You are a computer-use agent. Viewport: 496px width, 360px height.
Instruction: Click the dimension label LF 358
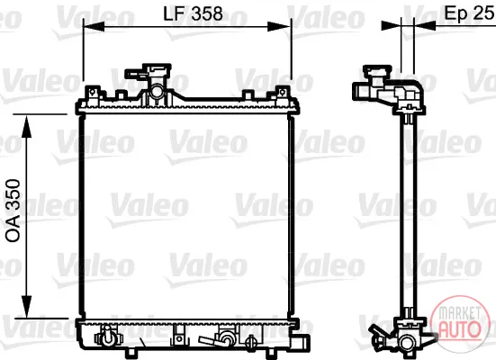pos(193,13)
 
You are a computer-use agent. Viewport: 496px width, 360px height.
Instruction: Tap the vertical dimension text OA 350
pos(14,211)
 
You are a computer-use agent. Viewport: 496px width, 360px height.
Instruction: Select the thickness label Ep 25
pos(470,13)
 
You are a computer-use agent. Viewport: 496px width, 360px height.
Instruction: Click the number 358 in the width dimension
pos(207,13)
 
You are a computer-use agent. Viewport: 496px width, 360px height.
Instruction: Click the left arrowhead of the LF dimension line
pos(94,27)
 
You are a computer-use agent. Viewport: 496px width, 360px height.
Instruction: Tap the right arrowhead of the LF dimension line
pos(278,27)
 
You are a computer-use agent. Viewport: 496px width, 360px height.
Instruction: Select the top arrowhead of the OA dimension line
pos(27,127)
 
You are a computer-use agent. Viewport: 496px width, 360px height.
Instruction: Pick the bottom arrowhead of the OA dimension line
pos(27,307)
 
